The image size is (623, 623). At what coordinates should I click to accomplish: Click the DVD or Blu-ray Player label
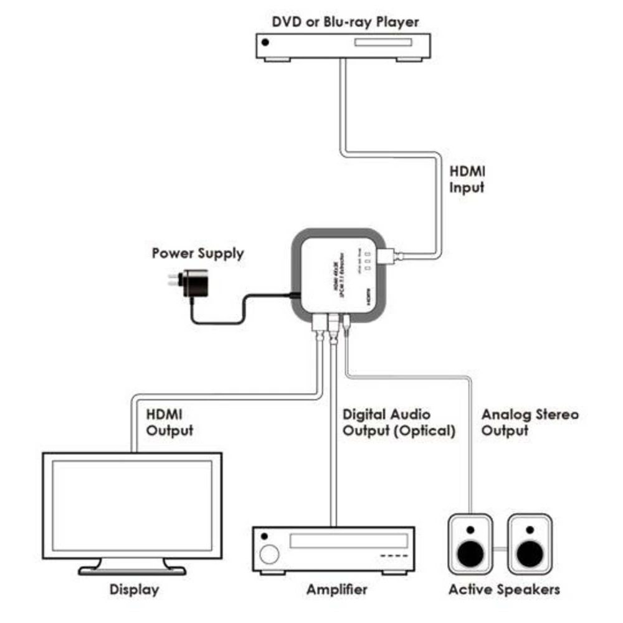[345, 22]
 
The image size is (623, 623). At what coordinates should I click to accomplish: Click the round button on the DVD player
[266, 42]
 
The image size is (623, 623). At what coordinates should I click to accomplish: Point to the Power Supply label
[198, 254]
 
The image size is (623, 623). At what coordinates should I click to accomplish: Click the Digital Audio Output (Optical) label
[399, 422]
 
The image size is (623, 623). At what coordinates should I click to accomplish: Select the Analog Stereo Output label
[530, 422]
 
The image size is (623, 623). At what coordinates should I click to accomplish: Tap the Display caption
[134, 589]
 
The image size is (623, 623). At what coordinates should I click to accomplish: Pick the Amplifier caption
[337, 589]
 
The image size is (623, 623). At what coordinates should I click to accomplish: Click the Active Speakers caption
[504, 589]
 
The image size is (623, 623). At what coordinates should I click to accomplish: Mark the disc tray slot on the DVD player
[383, 42]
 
